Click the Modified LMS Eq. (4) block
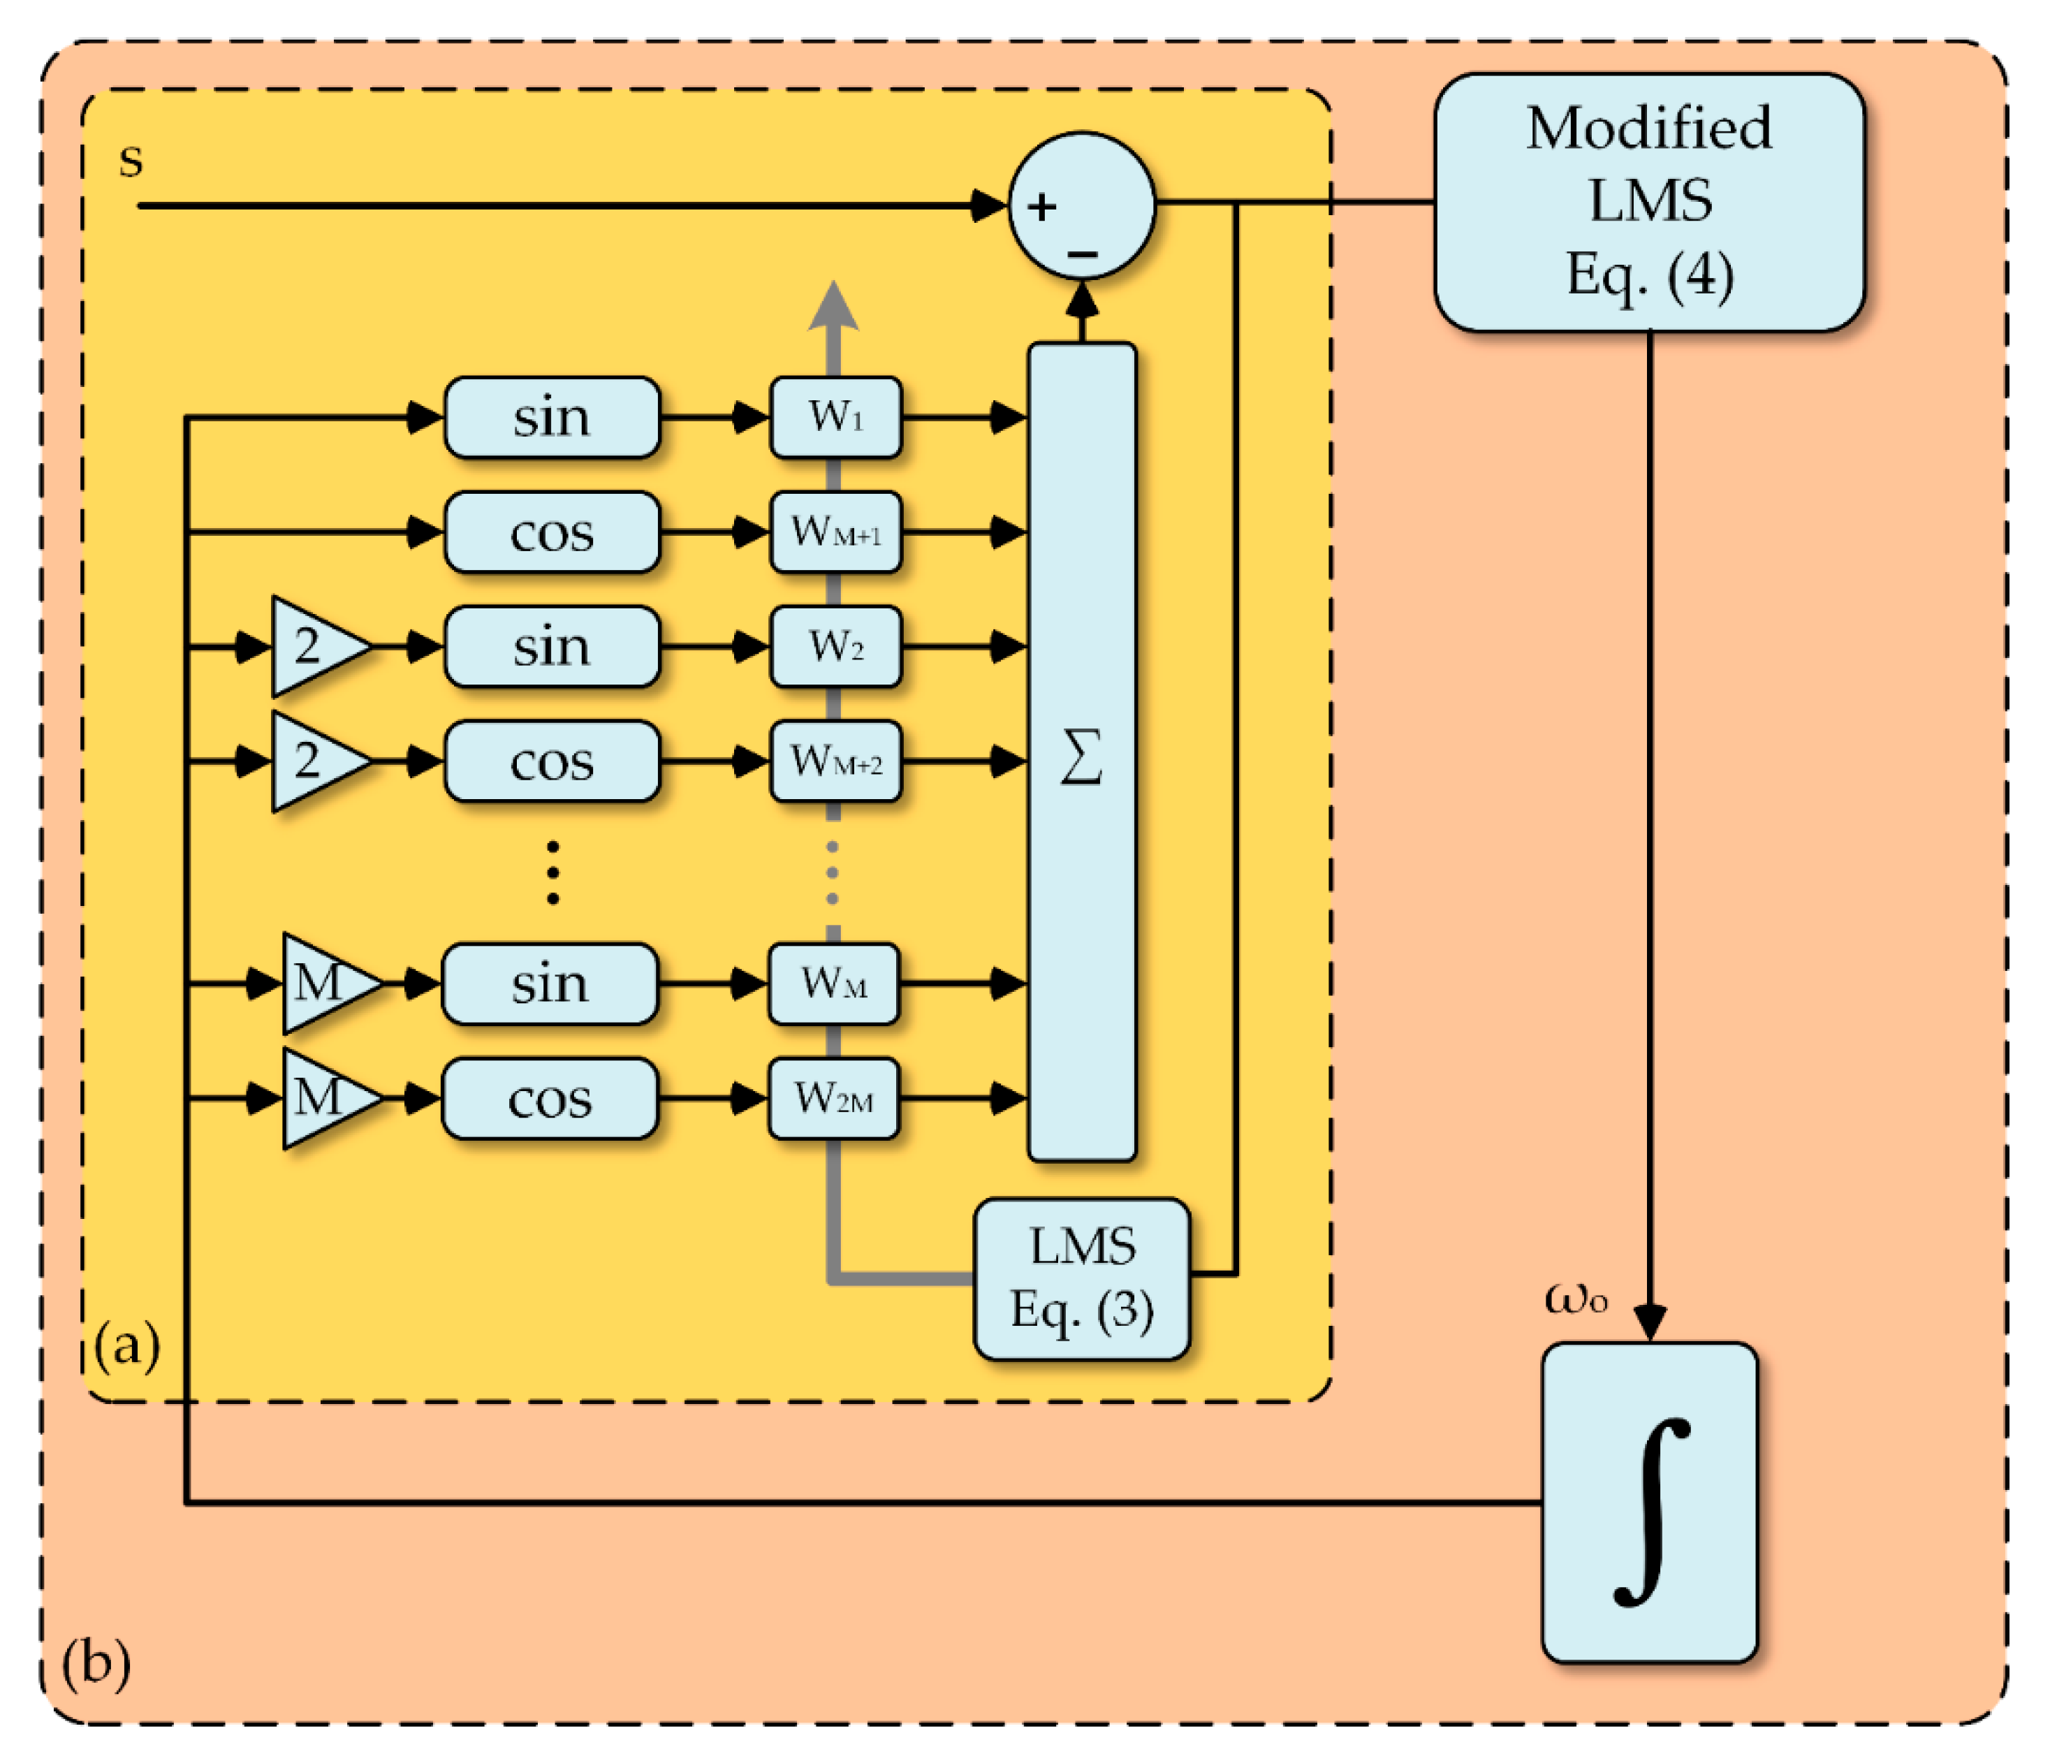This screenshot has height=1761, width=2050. (1649, 202)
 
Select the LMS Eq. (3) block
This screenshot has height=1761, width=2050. (1081, 1278)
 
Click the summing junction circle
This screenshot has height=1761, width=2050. (1081, 206)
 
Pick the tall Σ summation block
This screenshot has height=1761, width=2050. (1081, 752)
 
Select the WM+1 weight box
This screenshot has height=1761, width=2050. (836, 532)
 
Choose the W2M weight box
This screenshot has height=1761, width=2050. (834, 1098)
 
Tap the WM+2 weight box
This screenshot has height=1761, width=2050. (836, 761)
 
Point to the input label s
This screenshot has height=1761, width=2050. (131, 159)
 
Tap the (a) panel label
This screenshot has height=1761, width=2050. (126, 1345)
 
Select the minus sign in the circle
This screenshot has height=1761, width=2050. (1083, 254)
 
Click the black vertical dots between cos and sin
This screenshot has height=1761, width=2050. (552, 872)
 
